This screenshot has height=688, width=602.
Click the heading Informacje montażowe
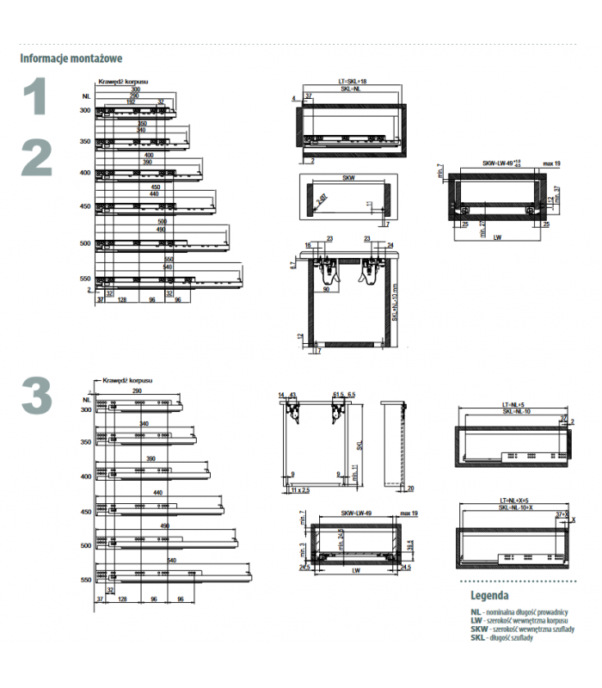tap(71, 59)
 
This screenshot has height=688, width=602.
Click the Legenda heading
tap(488, 595)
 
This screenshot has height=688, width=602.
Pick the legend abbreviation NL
tap(475, 611)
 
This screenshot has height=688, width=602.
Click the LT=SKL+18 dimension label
tap(353, 82)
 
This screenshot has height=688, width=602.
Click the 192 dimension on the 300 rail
tap(132, 101)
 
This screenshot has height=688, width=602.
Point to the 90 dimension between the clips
tap(327, 289)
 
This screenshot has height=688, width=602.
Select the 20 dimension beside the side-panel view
tap(411, 488)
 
